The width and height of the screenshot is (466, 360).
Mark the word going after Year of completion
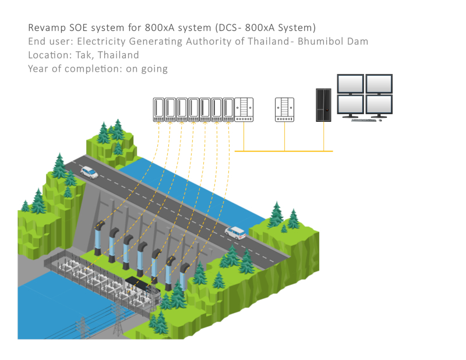(154, 69)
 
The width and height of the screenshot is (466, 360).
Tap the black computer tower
(323, 105)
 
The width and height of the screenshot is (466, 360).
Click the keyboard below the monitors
(364, 120)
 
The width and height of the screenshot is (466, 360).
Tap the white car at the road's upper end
(89, 172)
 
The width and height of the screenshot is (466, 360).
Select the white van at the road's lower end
(235, 232)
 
